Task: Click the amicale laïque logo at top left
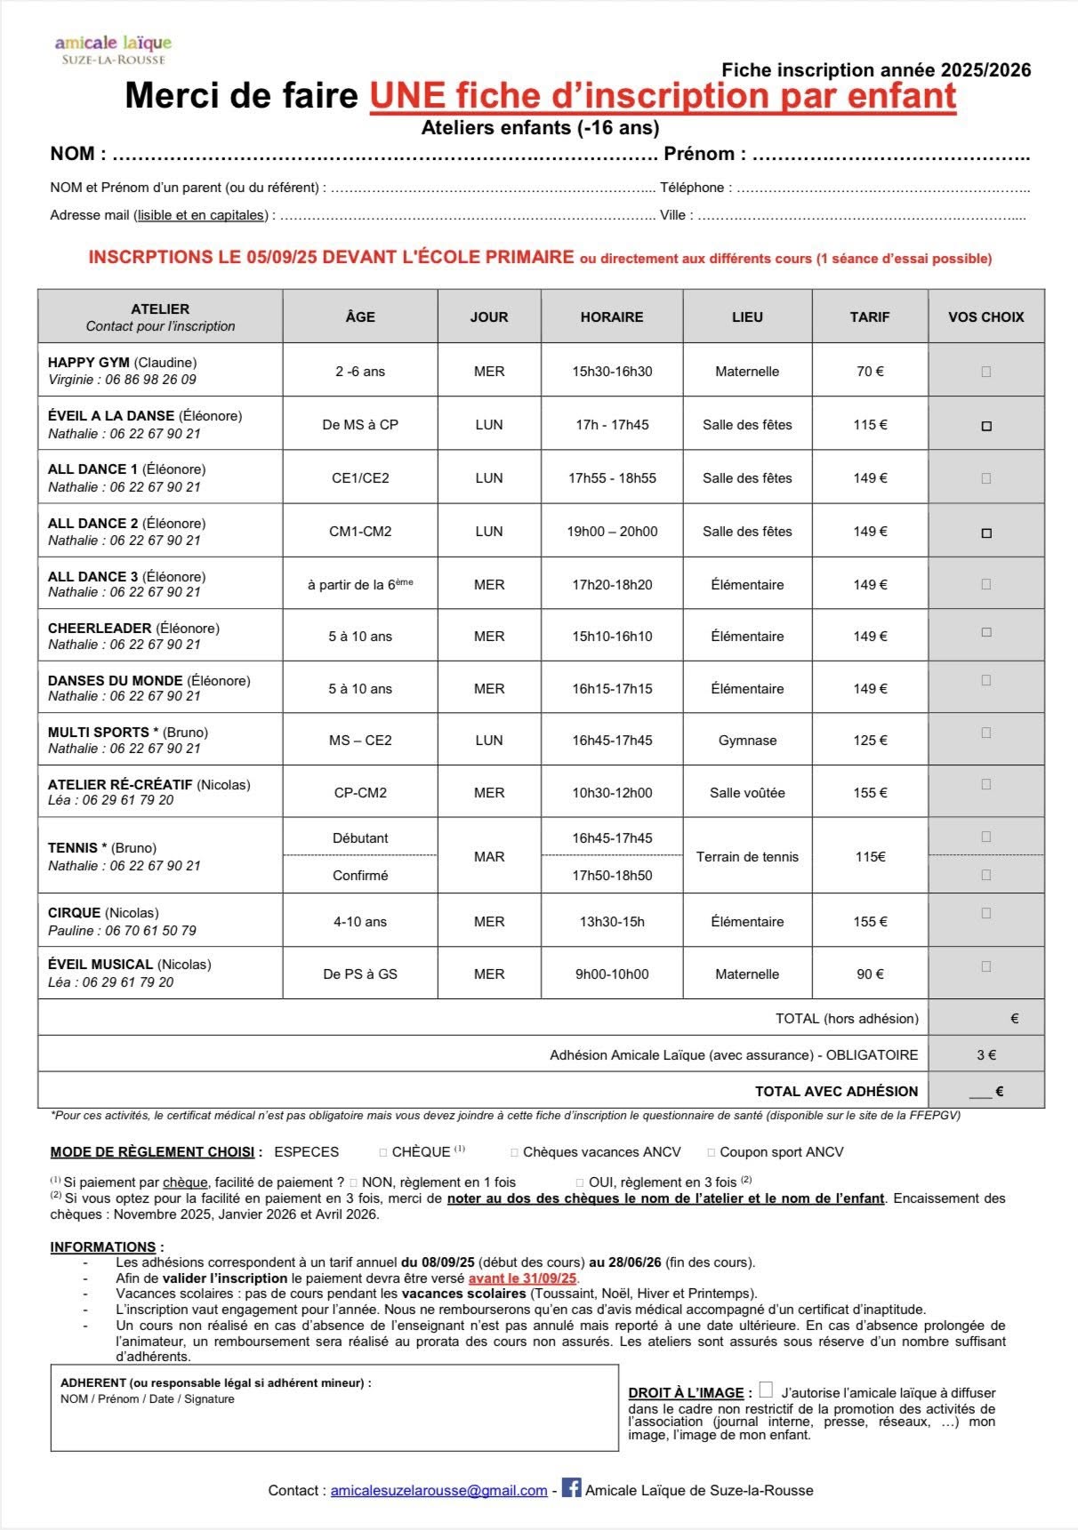pos(113,49)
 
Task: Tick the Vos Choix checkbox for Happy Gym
pos(985,372)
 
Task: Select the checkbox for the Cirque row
pos(985,913)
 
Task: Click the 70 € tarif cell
pos(870,372)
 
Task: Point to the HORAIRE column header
pos(612,316)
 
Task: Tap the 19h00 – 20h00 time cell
pos(612,532)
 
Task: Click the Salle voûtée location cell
pos(747,793)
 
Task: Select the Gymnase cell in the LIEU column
pos(747,741)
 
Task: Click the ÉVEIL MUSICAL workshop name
pos(101,965)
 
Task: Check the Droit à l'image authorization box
pos(766,1390)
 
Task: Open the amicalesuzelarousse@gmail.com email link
pos(438,1491)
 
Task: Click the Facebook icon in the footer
pos(571,1487)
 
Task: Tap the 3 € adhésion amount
pos(985,1055)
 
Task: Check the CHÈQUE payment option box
pos(383,1153)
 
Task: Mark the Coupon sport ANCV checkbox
pos(711,1153)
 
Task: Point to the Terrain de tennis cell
pos(747,857)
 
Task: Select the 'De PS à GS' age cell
pos(360,974)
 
